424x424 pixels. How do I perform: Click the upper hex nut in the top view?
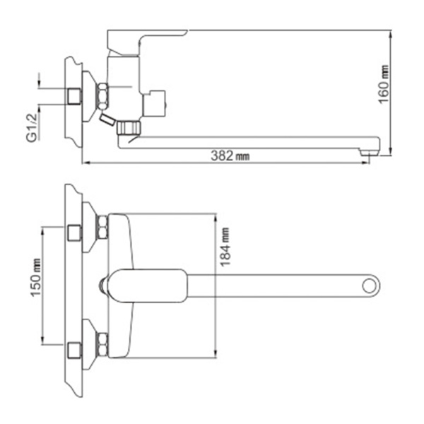(102, 228)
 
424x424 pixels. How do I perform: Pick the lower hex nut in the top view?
(102, 344)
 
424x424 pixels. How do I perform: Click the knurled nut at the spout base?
(128, 127)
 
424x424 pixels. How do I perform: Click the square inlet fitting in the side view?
(73, 94)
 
